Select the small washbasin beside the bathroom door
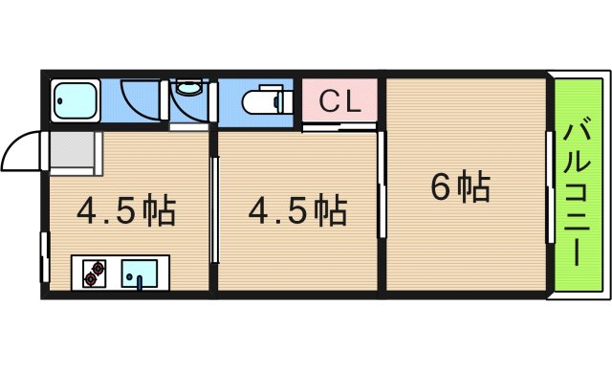tap(187, 88)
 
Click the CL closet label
tap(340, 99)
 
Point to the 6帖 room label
tap(460, 186)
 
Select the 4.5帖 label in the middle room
tap(297, 210)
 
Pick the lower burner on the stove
tap(92, 279)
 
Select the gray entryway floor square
tap(74, 152)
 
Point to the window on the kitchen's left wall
tap(44, 256)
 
